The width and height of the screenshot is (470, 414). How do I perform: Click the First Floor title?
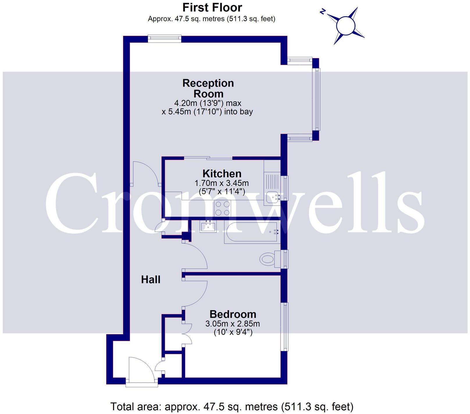tap(212, 8)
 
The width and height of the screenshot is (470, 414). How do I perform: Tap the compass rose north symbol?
tap(322, 12)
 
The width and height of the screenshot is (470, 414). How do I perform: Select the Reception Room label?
tap(208, 88)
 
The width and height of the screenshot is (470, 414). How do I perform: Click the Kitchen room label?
tap(222, 174)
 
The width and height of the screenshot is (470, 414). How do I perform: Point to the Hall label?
tap(151, 280)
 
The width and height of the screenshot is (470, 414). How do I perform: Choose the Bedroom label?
tap(233, 314)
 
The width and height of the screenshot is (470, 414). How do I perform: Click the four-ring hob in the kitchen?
tap(222, 208)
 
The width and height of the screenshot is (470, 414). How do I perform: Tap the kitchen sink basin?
tap(273, 198)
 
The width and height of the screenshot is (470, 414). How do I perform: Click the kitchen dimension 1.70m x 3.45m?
tap(221, 183)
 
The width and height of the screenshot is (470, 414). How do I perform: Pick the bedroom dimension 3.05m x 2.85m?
tap(233, 324)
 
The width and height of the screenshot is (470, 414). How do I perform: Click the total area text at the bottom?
tap(232, 406)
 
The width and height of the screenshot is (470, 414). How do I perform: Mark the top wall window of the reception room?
tap(165, 38)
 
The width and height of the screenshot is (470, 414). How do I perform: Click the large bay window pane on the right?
tap(316, 99)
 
